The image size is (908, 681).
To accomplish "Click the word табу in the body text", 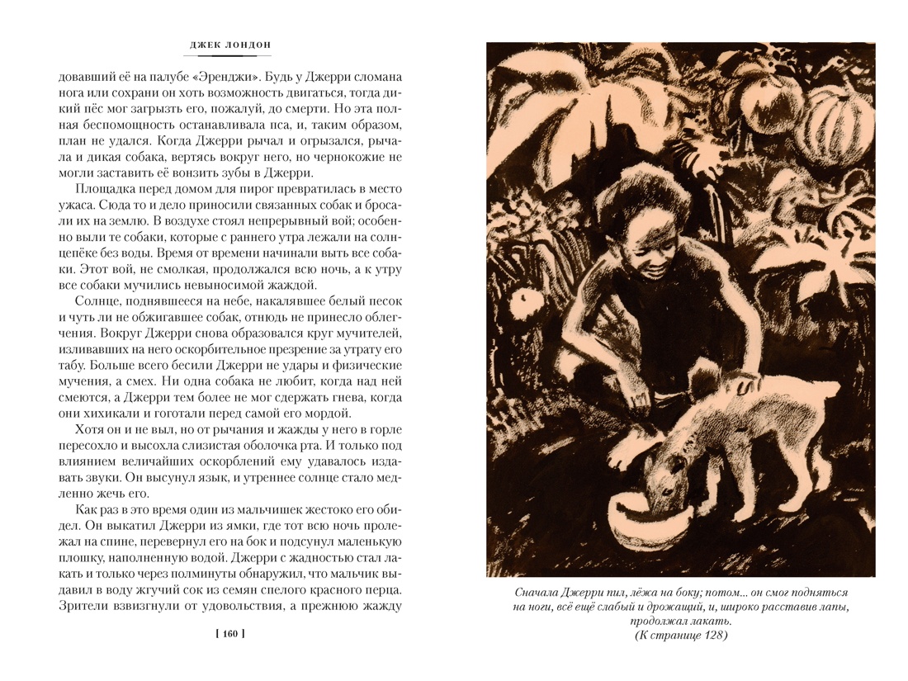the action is point(72,364).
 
